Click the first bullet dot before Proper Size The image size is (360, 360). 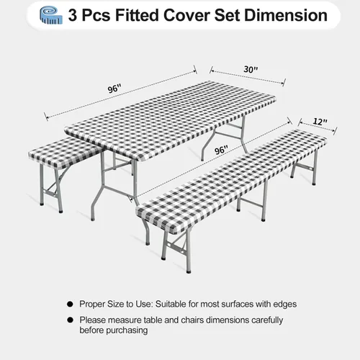click(x=70, y=304)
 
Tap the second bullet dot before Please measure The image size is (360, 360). click(x=70, y=320)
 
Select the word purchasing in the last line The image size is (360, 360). click(x=125, y=330)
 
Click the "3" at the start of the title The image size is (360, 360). click(x=72, y=16)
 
